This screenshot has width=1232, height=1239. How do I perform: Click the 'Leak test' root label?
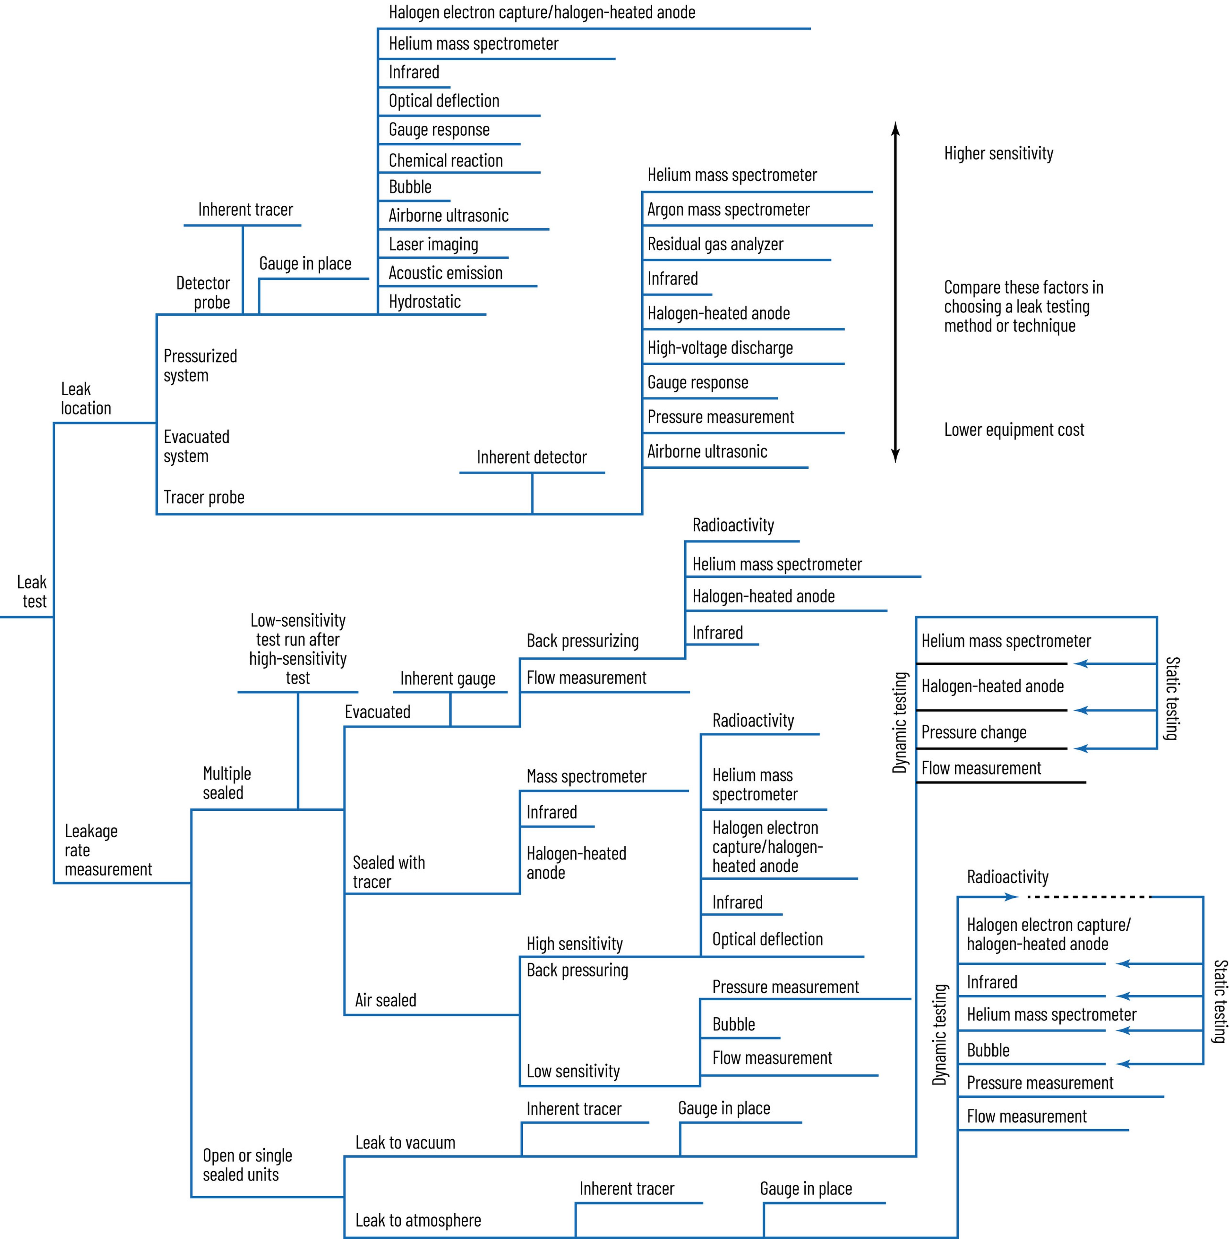tap(32, 591)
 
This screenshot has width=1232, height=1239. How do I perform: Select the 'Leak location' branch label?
tap(85, 398)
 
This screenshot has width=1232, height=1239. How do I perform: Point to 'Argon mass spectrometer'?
tap(728, 210)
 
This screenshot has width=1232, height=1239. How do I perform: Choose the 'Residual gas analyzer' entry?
tap(715, 244)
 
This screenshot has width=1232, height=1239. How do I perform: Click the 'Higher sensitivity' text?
tap(998, 153)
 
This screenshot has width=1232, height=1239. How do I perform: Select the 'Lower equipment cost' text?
tap(1013, 430)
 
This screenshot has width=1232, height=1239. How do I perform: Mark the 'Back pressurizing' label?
tap(582, 641)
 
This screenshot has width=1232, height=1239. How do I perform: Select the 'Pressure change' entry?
tap(973, 732)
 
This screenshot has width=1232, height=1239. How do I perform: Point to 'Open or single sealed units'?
tap(247, 1165)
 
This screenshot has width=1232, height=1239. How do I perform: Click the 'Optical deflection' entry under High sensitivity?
tap(767, 939)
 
